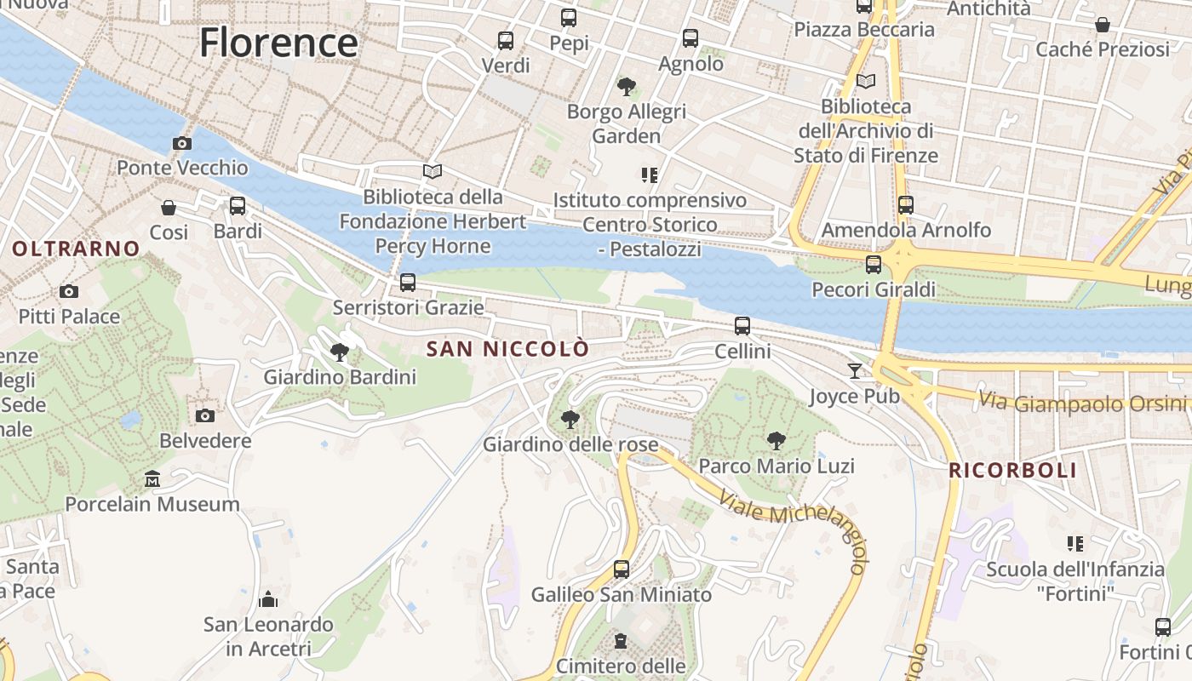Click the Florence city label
point(278,43)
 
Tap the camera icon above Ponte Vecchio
point(181,143)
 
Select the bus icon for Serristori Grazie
point(408,282)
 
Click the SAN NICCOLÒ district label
point(507,349)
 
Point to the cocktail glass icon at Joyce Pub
point(854,370)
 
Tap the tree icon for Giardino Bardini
point(340,351)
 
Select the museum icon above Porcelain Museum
point(152,479)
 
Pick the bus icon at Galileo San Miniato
point(622,569)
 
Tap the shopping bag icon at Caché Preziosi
point(1102,25)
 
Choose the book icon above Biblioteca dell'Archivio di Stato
point(865,81)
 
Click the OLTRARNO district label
point(77,249)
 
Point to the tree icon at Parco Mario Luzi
point(776,440)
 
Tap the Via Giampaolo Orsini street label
point(1084,401)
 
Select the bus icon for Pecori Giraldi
point(873,264)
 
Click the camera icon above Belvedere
point(204,415)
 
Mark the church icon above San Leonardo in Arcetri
point(268,599)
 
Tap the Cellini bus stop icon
point(742,325)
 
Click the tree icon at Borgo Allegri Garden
point(627,86)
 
